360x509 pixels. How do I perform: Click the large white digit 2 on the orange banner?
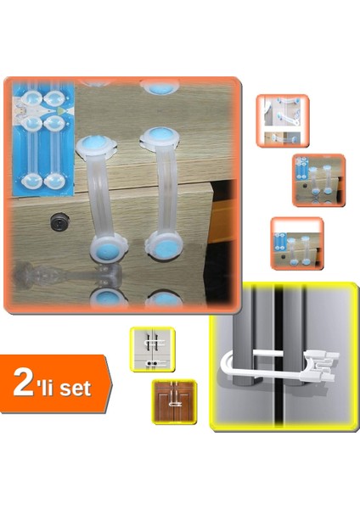(x=25, y=384)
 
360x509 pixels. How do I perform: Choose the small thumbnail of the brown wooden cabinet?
(x=174, y=401)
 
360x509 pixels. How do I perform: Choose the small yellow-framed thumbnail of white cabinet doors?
(x=152, y=349)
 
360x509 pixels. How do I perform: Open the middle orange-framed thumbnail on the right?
(x=318, y=180)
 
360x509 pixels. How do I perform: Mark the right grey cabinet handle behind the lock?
(x=294, y=339)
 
